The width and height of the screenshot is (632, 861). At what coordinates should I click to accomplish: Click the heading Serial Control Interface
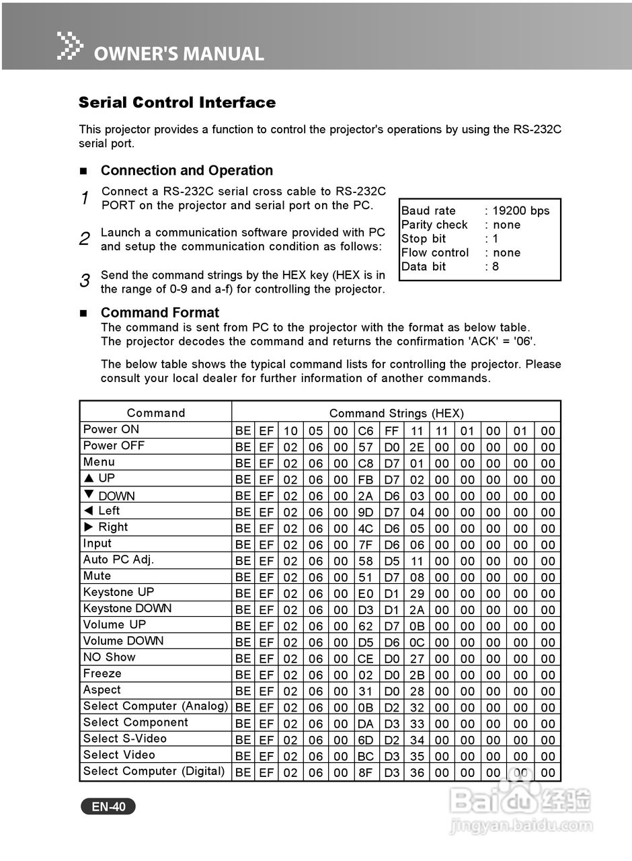pos(177,103)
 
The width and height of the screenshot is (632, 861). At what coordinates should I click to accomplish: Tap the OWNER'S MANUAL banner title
pos(178,54)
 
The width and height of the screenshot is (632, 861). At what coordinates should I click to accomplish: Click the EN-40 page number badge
pos(108,807)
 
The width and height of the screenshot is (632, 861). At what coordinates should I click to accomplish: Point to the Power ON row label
pos(111,429)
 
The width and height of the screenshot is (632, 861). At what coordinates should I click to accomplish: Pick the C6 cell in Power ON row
pos(366,431)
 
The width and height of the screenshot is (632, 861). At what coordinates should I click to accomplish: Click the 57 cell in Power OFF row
pos(366,447)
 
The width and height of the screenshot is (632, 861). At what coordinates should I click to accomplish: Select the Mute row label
pos(97,576)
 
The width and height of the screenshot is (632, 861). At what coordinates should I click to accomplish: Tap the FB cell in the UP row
pos(366,480)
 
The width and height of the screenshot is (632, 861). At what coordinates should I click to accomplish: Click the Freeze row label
pos(102,673)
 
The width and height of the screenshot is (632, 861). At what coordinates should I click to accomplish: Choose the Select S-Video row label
pos(125,739)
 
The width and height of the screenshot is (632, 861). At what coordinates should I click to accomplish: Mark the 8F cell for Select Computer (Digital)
pos(366,773)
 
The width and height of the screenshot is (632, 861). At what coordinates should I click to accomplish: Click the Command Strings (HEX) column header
pos(396,413)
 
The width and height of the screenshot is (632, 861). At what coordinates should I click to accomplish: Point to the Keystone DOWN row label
pos(127,608)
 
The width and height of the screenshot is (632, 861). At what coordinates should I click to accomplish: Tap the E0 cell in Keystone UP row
pos(366,594)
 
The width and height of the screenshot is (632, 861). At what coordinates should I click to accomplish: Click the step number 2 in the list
pos(85,238)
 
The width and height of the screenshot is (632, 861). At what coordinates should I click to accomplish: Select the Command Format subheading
pos(160,313)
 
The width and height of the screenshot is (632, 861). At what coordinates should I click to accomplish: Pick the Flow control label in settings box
pos(435,253)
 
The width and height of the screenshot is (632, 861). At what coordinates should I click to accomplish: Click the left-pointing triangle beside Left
pos(88,511)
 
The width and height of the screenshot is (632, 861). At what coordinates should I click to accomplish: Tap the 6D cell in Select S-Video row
pos(366,741)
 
